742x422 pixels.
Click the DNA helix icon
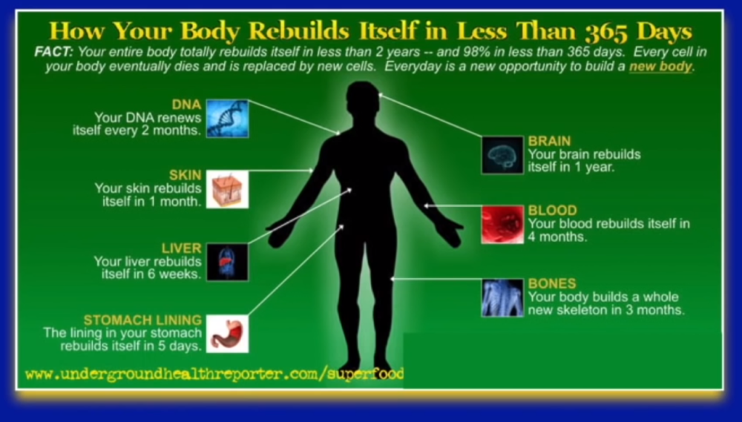point(227,119)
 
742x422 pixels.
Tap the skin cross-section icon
point(227,189)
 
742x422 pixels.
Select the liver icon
point(227,262)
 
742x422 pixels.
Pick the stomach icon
point(227,334)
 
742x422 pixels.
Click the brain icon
point(502,155)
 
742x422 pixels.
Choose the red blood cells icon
point(502,225)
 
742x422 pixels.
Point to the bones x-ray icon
point(502,297)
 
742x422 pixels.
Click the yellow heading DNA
point(186,105)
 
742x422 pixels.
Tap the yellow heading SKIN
point(185,176)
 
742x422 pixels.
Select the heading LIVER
point(182,248)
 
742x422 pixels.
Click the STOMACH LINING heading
point(142,320)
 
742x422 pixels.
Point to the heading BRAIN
point(550,141)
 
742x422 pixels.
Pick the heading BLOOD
point(552,211)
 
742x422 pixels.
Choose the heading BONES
point(552,284)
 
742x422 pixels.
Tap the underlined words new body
point(660,67)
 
